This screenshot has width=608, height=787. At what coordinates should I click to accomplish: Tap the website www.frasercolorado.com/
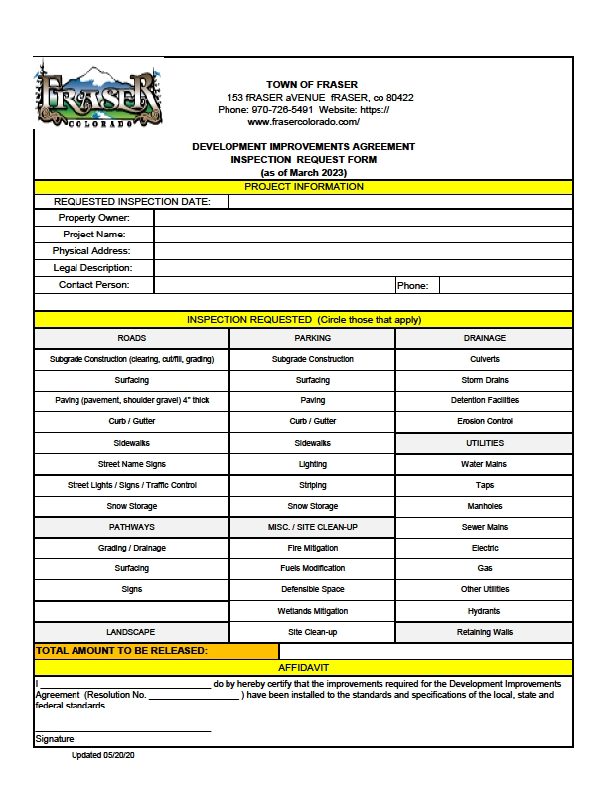click(303, 122)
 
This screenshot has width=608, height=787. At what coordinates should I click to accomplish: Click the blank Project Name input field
click(363, 235)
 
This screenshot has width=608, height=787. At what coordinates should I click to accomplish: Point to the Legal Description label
click(92, 268)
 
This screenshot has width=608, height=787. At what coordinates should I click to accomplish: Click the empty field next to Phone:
click(505, 286)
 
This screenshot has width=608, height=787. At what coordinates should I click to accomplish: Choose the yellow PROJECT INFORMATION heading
click(303, 187)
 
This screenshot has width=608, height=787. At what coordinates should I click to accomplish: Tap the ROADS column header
click(131, 339)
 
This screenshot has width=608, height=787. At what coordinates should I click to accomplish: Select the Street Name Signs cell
click(131, 464)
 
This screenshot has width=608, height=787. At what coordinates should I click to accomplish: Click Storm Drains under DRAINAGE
click(484, 381)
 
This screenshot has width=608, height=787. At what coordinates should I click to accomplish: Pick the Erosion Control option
click(484, 422)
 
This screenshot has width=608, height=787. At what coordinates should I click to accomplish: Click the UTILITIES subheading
click(484, 443)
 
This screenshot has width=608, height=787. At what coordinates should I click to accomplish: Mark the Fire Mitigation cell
click(312, 549)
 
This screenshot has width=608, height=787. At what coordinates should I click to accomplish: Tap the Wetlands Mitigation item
click(312, 611)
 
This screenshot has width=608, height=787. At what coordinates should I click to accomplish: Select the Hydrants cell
click(484, 611)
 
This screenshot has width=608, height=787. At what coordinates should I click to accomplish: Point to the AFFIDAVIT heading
click(303, 667)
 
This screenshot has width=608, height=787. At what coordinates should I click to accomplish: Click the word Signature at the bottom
click(55, 739)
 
